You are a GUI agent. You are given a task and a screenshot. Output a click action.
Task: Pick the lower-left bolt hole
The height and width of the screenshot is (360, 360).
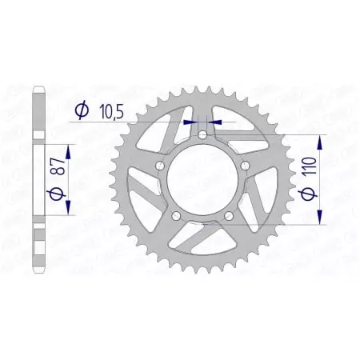coord(176,215)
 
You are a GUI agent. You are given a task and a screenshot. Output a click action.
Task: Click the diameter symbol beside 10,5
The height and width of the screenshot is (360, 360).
coord(82,111)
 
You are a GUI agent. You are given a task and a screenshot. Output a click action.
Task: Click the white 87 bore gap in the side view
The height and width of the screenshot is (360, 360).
coord(38,180)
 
